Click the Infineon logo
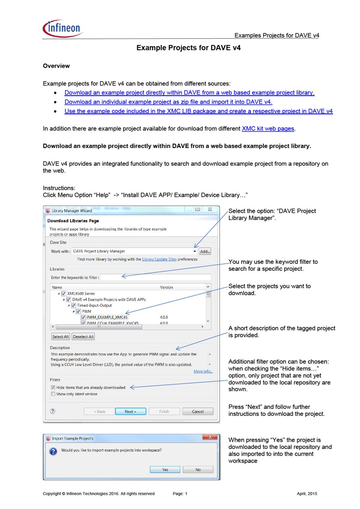click(62, 29)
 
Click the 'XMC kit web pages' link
click(268, 128)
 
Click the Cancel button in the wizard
click(198, 412)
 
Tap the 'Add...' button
click(205, 251)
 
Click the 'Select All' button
click(60, 337)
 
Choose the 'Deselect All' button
click(83, 337)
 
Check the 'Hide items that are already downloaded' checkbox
click(53, 387)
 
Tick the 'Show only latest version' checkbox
click(53, 394)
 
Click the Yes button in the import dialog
click(165, 470)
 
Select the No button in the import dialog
click(198, 470)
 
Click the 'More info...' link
click(203, 371)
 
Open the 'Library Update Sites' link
click(159, 259)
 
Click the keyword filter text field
click(155, 277)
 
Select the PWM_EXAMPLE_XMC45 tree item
click(107, 317)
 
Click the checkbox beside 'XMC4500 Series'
click(64, 293)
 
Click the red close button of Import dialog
click(210, 438)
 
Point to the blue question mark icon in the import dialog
click(53, 452)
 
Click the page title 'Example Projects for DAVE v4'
click(189, 48)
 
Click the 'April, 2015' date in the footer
click(307, 494)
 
